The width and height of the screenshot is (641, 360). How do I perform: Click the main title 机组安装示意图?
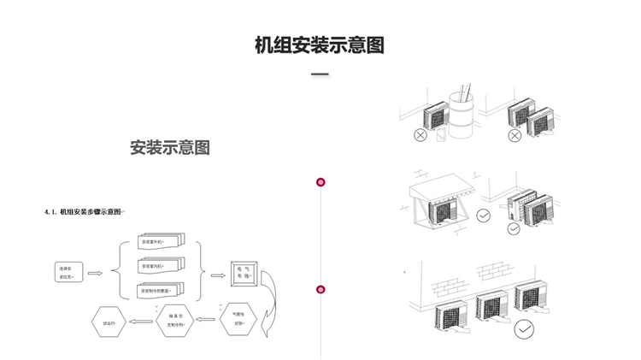click(x=320, y=45)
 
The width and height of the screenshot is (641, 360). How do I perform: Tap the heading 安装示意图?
click(x=170, y=147)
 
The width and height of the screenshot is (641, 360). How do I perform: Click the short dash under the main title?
click(x=320, y=75)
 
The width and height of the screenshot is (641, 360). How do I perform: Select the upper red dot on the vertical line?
click(x=320, y=181)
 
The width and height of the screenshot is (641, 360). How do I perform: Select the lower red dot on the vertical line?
click(x=320, y=290)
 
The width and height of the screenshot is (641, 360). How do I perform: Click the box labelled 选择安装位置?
click(x=68, y=273)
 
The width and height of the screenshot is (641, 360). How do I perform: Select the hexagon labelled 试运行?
click(x=109, y=322)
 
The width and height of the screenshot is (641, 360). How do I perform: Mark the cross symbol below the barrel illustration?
click(x=420, y=135)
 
